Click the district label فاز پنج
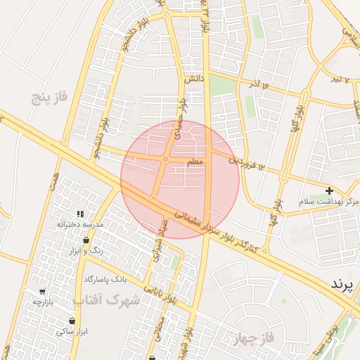click(49, 96)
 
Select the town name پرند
click(345, 283)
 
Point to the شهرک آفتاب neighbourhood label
click(107, 300)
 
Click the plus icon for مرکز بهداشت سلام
click(329, 191)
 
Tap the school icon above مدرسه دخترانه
click(80, 213)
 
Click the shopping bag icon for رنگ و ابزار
click(86, 240)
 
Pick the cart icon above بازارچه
click(42, 292)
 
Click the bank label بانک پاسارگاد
click(105, 279)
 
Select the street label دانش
click(195, 80)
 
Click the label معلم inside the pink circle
click(195, 162)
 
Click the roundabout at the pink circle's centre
click(165, 160)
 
